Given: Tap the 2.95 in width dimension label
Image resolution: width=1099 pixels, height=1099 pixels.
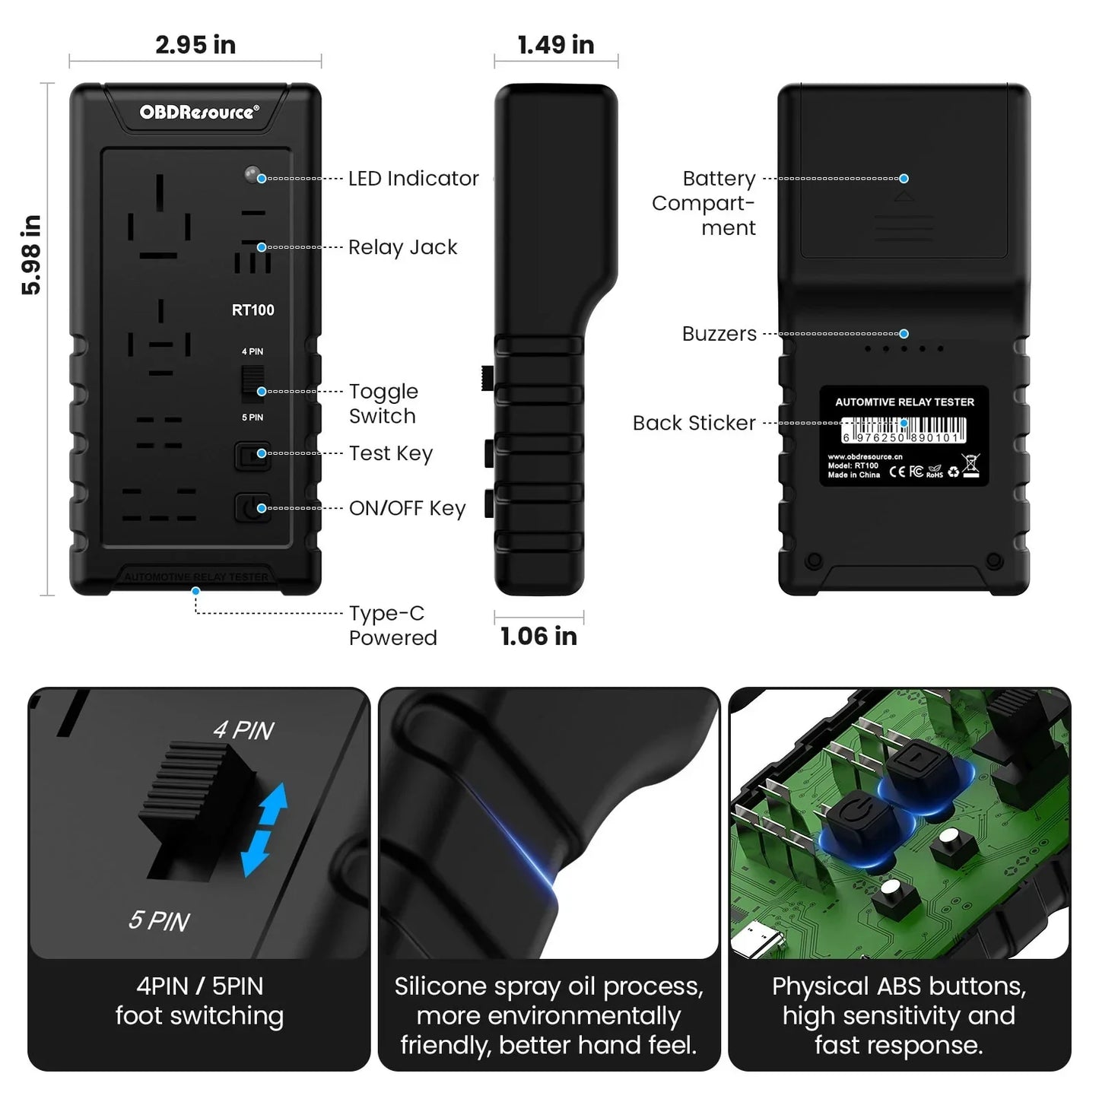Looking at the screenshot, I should click(x=195, y=45).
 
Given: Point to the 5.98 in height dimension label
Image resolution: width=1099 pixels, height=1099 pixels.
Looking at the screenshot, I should click(x=31, y=255).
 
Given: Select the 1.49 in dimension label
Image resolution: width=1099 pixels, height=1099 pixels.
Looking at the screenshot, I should click(x=556, y=45).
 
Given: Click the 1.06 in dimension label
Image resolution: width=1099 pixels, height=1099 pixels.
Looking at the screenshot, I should click(x=538, y=636).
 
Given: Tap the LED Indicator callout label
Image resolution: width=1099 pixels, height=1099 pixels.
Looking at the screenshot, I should click(x=413, y=179).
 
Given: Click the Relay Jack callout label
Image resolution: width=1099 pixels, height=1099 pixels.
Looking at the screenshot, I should click(x=402, y=247).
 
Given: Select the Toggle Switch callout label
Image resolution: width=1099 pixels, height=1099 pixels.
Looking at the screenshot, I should click(x=383, y=404).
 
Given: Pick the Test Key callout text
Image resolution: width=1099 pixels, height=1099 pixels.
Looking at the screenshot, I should click(x=390, y=453).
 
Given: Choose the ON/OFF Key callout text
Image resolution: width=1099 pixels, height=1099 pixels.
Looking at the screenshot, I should click(x=407, y=508).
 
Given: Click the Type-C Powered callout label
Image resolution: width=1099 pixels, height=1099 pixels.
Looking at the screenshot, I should click(x=392, y=625).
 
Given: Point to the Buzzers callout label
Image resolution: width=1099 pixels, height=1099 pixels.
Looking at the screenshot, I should click(x=719, y=334).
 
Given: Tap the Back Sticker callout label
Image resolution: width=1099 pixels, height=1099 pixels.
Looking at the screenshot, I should click(x=694, y=423).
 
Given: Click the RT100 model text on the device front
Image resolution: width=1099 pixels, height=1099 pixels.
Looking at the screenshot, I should click(x=253, y=310).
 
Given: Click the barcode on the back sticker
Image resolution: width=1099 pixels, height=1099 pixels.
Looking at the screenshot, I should click(x=904, y=430).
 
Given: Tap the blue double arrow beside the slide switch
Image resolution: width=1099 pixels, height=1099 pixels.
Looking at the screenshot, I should click(x=263, y=830).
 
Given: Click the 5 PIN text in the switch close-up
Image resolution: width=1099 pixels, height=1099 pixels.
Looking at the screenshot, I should click(x=159, y=921).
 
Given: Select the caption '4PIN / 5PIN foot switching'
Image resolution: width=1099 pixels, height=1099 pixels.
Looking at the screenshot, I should click(x=199, y=1001).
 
